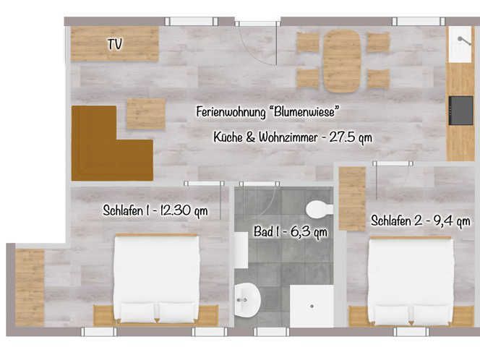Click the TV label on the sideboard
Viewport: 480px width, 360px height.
click(115, 44)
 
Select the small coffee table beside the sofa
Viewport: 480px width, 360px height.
click(146, 113)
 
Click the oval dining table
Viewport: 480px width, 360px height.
click(342, 61)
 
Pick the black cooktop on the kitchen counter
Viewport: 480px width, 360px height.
click(461, 111)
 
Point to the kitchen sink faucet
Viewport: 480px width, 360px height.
click(464, 41)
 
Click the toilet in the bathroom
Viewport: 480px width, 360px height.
click(320, 209)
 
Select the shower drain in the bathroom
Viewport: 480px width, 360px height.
click(312, 306)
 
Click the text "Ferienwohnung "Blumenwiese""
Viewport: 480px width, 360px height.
click(268, 112)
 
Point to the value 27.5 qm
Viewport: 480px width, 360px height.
click(351, 137)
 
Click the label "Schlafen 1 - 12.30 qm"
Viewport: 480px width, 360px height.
click(155, 210)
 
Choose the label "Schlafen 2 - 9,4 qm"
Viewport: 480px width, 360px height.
click(421, 220)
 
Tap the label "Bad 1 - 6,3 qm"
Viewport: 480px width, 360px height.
click(291, 232)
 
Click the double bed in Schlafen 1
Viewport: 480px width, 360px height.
click(156, 278)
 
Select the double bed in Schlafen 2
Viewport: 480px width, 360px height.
click(411, 280)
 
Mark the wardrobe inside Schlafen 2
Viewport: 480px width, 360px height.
click(352, 199)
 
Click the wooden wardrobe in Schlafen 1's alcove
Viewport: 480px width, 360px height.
click(30, 288)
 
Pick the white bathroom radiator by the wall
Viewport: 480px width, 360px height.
click(241, 250)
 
